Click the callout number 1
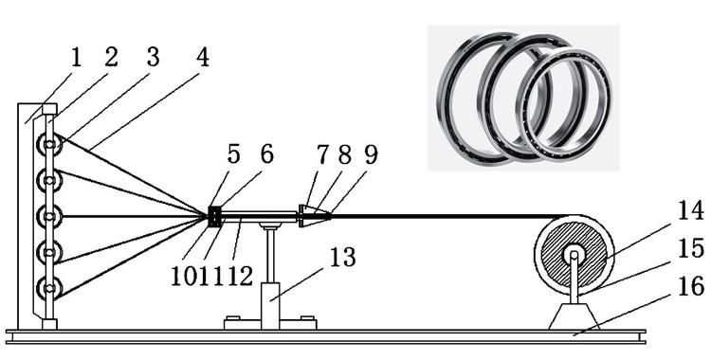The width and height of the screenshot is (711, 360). (x=76, y=58)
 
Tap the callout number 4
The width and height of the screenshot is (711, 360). (x=202, y=57)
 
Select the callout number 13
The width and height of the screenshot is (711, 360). (x=342, y=257)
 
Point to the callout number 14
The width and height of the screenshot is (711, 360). (x=690, y=210)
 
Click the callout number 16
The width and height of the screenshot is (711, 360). (x=690, y=287)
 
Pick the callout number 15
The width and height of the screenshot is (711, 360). (x=690, y=249)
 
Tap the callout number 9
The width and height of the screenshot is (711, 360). (x=371, y=155)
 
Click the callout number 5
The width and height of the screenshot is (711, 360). (x=233, y=154)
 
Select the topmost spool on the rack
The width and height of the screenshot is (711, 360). (x=49, y=144)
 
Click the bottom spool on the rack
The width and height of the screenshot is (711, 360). (x=49, y=288)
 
